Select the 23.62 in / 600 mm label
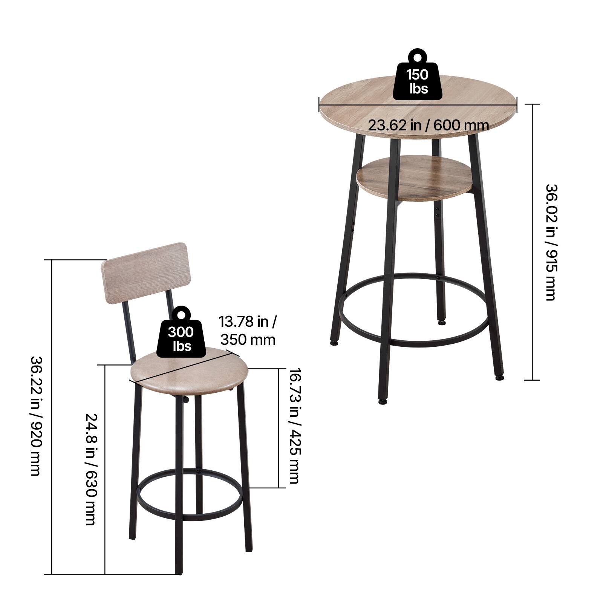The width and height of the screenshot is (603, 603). click(429, 125)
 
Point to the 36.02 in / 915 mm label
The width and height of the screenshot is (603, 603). click(551, 242)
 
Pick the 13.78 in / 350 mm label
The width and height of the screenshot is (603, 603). click(248, 331)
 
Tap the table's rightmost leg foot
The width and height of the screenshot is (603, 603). click(499, 376)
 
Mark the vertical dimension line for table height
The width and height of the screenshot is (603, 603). click(532, 242)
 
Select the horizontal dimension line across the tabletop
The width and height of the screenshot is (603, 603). click(418, 105)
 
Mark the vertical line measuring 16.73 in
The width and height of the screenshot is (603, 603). click(279, 428)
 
